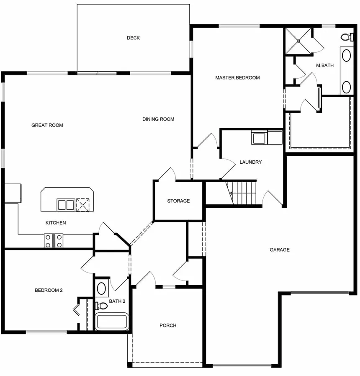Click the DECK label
133,38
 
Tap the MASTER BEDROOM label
237,77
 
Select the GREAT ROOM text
47,125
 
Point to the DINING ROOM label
158,119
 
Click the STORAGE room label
178,201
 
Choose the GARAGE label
279,250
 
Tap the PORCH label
168,325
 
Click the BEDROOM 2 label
49,290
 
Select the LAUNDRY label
250,162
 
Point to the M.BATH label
325,65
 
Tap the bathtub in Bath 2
111,322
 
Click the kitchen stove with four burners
54,241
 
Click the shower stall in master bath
298,41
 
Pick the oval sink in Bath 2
101,288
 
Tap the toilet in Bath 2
101,306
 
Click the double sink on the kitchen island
66,205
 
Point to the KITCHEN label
56,223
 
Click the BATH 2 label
117,301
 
